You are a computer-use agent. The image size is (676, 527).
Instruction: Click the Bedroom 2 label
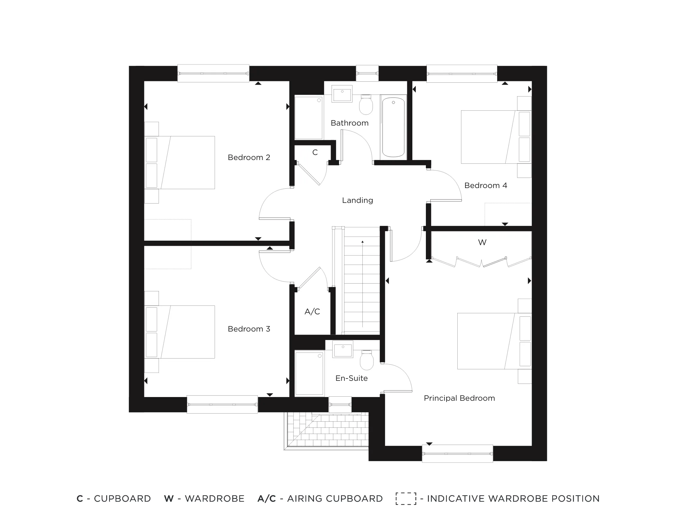coord(249,157)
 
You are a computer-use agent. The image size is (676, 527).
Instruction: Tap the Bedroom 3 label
coord(249,329)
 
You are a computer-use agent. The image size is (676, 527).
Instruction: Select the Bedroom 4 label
coord(485,185)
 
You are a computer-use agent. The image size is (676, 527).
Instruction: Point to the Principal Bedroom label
coord(459,398)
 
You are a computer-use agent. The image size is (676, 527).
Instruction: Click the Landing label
coord(357,200)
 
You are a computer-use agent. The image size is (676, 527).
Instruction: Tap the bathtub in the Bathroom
coord(393,127)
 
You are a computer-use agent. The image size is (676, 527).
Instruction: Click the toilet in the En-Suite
coord(367,360)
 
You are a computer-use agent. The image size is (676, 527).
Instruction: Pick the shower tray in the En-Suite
coord(309,373)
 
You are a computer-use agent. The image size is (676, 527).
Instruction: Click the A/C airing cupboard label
coord(312,312)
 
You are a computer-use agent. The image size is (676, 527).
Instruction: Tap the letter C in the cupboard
coord(315,153)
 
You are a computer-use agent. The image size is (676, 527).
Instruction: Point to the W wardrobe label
coord(482,242)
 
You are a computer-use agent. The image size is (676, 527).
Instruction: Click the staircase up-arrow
coord(362,242)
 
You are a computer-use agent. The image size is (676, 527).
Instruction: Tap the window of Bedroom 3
coord(222,404)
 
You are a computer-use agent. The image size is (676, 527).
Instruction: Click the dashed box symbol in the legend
coord(406,499)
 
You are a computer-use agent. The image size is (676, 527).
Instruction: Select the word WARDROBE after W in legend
coord(214,499)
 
